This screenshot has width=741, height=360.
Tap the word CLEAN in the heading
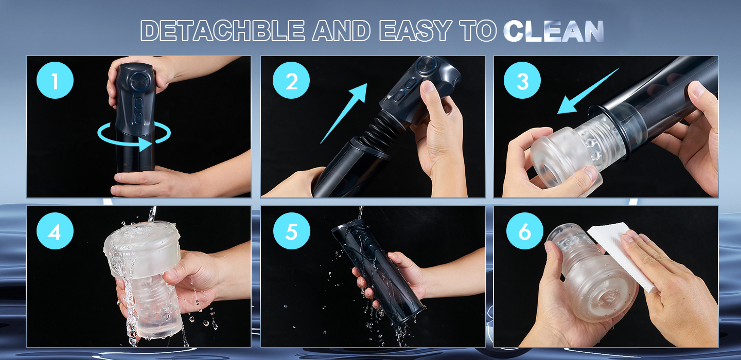click(554, 31)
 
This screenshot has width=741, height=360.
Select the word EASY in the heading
click(416, 31)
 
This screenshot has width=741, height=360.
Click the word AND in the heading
click(341, 31)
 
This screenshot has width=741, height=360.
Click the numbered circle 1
click(55, 80)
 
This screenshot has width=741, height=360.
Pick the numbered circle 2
click(291, 80)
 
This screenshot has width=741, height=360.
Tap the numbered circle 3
click(522, 80)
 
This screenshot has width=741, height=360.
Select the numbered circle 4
click(55, 231)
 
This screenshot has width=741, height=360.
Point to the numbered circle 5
click(291, 231)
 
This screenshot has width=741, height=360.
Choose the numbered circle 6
click(525, 231)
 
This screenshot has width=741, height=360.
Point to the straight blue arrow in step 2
click(344, 113)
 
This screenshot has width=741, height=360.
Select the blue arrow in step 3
click(588, 91)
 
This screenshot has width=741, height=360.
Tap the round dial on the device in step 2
click(426, 65)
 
